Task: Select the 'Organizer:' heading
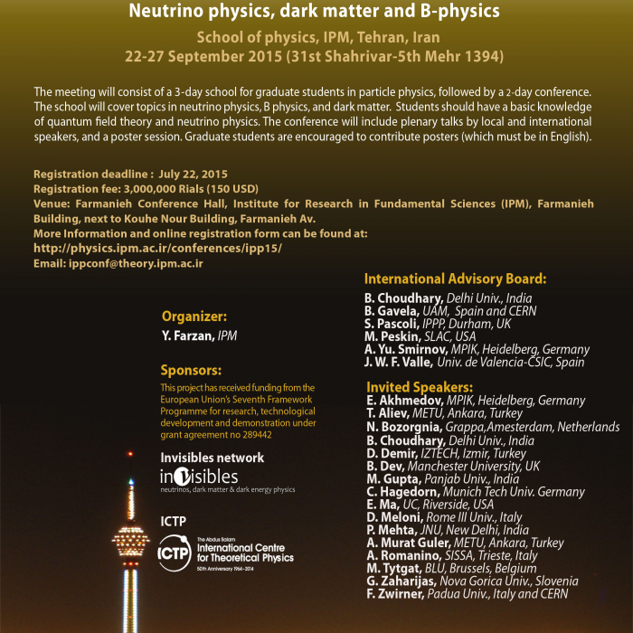point(194,316)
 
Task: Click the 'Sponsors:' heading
point(191,370)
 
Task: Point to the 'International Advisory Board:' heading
point(455,279)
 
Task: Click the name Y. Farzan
point(186,335)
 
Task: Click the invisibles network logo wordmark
point(199,477)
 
